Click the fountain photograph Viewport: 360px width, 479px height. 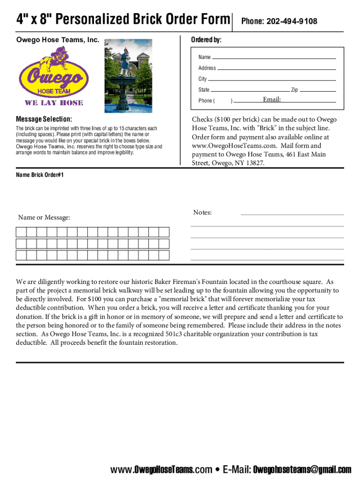coord(128,75)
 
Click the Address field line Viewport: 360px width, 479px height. coord(277,68)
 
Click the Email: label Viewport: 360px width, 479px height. coord(272,100)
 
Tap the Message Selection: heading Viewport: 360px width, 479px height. coord(44,119)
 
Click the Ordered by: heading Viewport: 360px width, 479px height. coord(206,40)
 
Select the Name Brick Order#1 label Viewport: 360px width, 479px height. coord(40,175)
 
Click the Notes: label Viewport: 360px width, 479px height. coord(202,213)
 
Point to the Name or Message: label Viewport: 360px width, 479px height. coord(44,218)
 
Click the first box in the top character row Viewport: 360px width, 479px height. coord(21,232)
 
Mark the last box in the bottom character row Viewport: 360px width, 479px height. coord(164,255)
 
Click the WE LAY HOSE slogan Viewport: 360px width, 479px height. coord(54,103)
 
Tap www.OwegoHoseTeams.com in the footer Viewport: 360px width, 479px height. coord(161,470)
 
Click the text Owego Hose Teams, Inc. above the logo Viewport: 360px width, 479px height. coord(58,40)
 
